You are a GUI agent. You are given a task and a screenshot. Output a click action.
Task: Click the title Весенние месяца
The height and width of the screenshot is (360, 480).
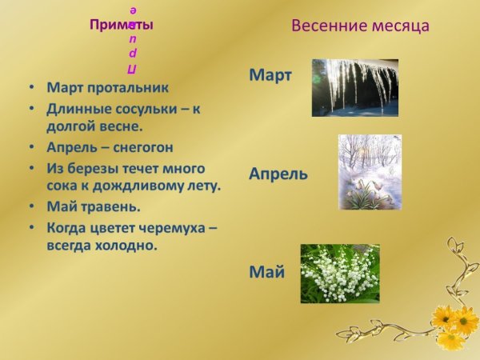coord(360,26)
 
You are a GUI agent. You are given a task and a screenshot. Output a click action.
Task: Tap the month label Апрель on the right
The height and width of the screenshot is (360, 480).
coord(278,174)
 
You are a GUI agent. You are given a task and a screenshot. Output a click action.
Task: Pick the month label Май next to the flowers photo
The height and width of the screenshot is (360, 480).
coord(266,272)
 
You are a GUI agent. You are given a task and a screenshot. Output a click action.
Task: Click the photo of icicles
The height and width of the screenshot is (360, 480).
coord(354,87)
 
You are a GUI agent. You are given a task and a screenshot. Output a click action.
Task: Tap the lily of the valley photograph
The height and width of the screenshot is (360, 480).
coord(339,274)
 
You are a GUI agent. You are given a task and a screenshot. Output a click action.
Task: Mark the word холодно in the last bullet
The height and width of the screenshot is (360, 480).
coord(125,246)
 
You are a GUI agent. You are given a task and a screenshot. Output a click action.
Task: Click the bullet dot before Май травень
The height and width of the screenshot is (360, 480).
coord(30,208)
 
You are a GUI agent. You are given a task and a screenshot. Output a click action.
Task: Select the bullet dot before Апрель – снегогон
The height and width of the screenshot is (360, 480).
coord(30,149)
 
